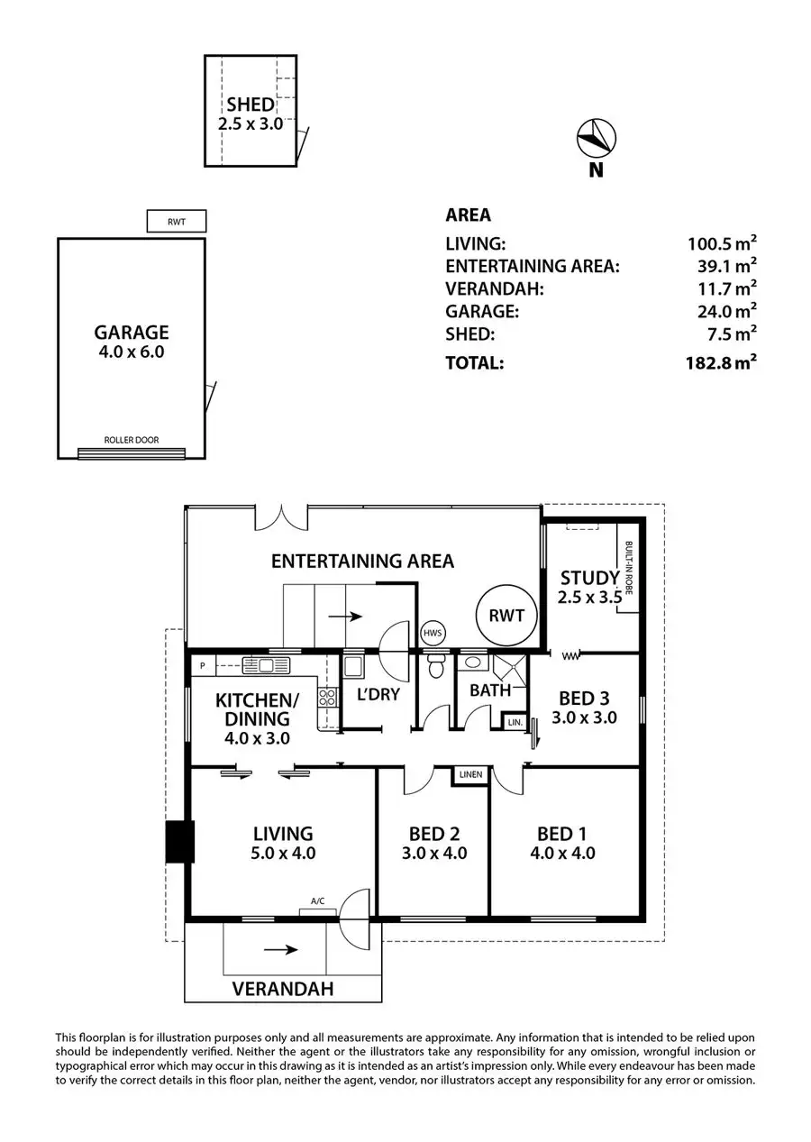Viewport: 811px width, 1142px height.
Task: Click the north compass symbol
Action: [596, 138]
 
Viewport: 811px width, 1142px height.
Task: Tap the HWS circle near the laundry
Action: [432, 634]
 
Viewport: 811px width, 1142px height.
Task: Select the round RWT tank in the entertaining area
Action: [506, 617]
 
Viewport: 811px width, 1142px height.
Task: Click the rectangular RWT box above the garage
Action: [177, 221]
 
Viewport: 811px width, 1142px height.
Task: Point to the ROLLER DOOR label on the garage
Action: [131, 441]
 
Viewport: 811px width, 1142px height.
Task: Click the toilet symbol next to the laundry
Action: [436, 666]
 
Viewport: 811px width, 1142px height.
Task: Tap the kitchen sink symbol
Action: [263, 666]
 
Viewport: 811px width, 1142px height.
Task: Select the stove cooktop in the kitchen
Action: [326, 697]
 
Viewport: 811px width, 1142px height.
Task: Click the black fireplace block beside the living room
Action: [180, 842]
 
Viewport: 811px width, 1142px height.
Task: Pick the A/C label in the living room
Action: [317, 900]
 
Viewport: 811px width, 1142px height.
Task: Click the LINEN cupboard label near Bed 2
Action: [470, 774]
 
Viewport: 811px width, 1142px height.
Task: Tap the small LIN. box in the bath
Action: [515, 723]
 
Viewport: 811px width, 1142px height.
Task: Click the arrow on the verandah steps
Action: [281, 949]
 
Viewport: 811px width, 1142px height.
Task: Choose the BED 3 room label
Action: [583, 699]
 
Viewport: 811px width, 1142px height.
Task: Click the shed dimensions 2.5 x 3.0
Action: [251, 123]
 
